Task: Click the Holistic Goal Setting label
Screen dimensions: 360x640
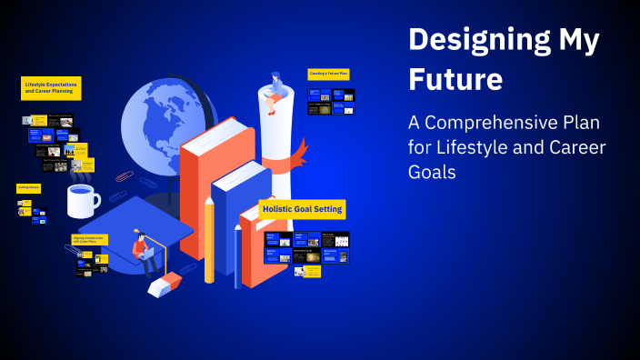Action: click(x=302, y=209)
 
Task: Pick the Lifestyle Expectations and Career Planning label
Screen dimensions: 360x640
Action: click(x=51, y=88)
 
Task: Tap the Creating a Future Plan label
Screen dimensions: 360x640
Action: click(x=328, y=74)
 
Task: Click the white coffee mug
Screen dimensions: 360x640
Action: click(x=82, y=201)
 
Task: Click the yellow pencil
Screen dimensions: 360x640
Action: click(x=210, y=241)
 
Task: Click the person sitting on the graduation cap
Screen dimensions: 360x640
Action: click(x=141, y=250)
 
